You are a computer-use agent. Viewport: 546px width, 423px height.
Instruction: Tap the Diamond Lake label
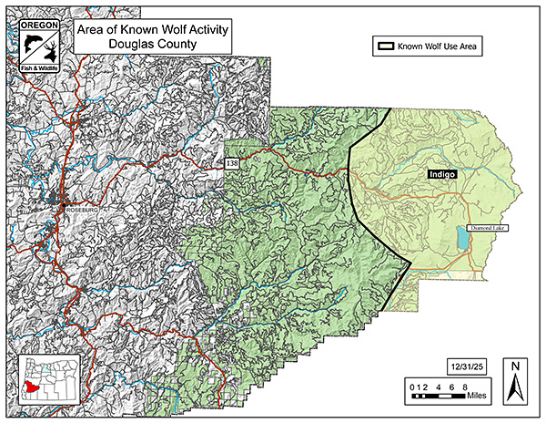tap(485, 227)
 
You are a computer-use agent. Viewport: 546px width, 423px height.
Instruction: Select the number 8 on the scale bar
tap(466, 386)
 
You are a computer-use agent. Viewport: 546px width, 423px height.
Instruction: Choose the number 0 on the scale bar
tap(410, 386)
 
